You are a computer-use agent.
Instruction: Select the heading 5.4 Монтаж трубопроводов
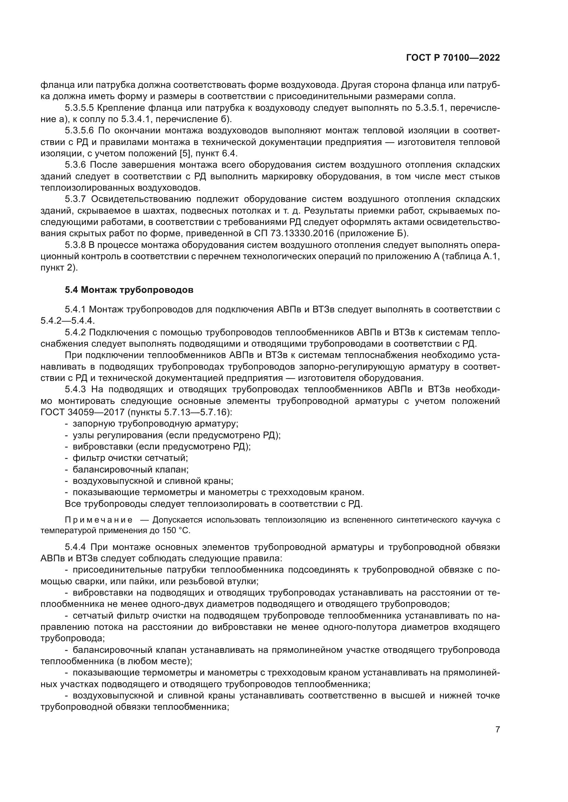[129, 290]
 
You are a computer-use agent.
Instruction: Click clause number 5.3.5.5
[79, 108]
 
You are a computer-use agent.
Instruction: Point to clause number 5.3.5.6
[79, 131]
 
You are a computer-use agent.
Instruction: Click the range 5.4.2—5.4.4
[68, 321]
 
